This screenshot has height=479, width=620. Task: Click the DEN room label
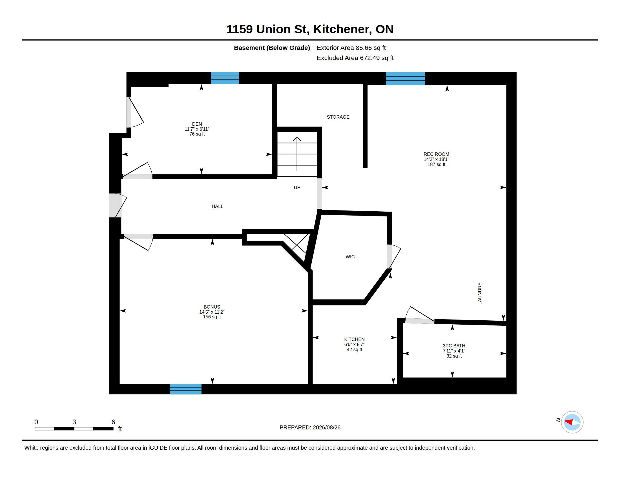(x=197, y=124)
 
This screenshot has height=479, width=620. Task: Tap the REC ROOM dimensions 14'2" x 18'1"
(x=436, y=159)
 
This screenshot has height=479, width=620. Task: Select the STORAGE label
(x=338, y=117)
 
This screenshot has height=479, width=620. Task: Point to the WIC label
(x=350, y=257)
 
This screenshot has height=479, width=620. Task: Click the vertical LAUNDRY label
(x=480, y=293)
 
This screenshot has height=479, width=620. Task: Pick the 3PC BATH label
(x=454, y=346)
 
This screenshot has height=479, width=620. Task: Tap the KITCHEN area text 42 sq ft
(x=354, y=350)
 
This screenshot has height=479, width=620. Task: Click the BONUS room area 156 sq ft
(x=212, y=317)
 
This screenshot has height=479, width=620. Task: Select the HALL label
(x=218, y=206)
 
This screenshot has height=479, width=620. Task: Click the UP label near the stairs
(x=297, y=187)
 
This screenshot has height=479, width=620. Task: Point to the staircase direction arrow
(x=297, y=154)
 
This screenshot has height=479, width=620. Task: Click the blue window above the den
(x=225, y=78)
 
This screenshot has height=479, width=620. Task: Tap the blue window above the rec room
(x=405, y=79)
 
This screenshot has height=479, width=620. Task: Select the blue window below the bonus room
(x=186, y=389)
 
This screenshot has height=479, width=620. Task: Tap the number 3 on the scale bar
(x=74, y=422)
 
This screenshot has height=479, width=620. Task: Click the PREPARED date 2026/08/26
(x=326, y=427)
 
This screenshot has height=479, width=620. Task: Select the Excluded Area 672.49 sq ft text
(x=355, y=58)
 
